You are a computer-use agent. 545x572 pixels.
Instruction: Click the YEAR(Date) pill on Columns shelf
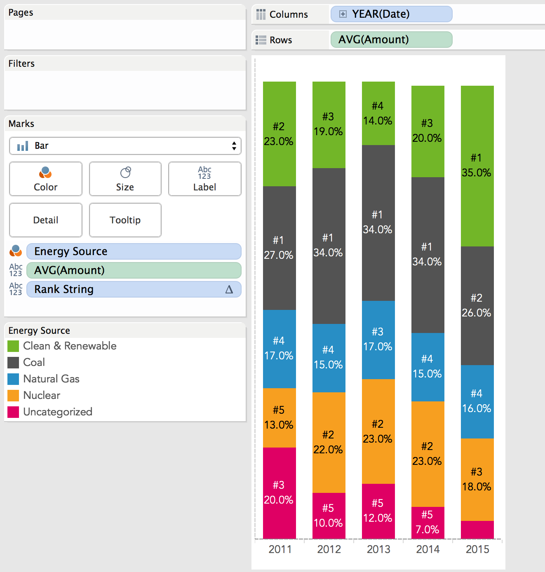tap(391, 14)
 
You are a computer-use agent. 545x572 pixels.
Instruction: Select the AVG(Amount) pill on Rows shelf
tap(391, 40)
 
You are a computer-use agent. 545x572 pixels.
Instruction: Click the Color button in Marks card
tap(45, 179)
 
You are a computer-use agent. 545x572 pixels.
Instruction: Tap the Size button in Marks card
tap(125, 179)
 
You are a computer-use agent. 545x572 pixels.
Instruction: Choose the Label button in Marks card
tap(204, 179)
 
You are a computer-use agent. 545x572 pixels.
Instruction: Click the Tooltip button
tap(125, 220)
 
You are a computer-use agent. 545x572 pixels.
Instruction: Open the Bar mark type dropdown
tap(125, 146)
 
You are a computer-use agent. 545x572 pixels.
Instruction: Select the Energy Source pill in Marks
tap(134, 251)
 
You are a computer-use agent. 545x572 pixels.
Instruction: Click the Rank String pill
tap(134, 289)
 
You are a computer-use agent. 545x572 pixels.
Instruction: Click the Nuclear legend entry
tap(42, 396)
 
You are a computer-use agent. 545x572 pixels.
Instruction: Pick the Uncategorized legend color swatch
tap(13, 412)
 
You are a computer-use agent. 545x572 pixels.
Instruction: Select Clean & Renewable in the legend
tap(70, 346)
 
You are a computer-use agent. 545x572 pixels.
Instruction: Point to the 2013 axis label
tap(378, 549)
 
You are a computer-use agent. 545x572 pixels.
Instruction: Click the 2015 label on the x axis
tap(477, 549)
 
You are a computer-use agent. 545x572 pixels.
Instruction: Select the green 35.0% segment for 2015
tap(477, 166)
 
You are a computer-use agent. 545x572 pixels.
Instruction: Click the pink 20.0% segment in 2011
tap(279, 492)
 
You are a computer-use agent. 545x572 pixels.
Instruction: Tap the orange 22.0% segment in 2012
tap(329, 442)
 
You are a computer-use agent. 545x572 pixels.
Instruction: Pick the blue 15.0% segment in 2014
tap(428, 367)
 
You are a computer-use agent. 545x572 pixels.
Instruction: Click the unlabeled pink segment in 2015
tap(477, 530)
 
